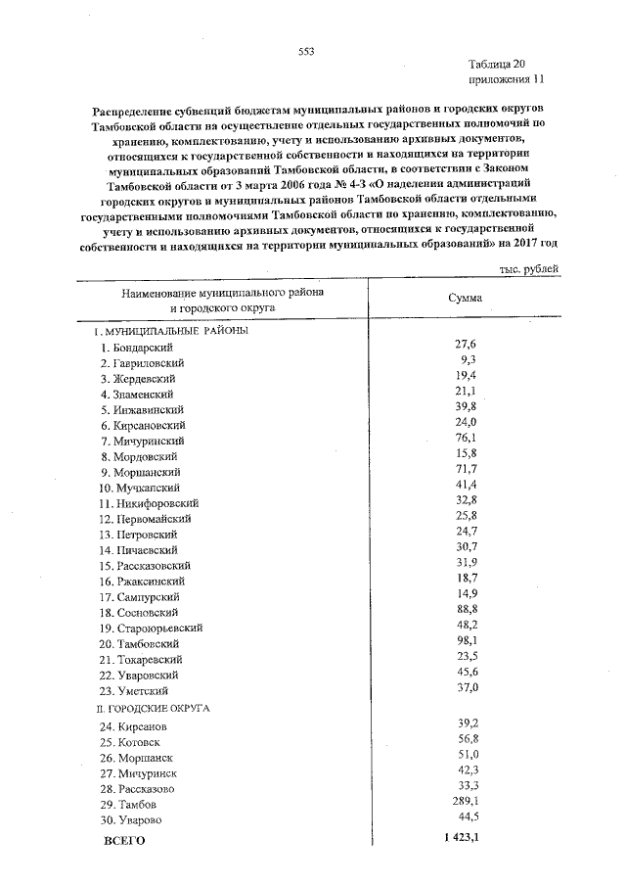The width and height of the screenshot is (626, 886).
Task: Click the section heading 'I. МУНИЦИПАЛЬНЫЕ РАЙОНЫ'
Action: coord(165,331)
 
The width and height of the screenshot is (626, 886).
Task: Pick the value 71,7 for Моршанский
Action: coord(465,470)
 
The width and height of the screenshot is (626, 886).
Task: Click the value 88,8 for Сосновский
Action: coord(465,610)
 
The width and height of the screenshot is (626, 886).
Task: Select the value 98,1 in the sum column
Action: coord(465,641)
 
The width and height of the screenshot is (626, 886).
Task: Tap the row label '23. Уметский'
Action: coord(135,690)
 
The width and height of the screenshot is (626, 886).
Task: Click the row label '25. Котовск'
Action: coord(132,742)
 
